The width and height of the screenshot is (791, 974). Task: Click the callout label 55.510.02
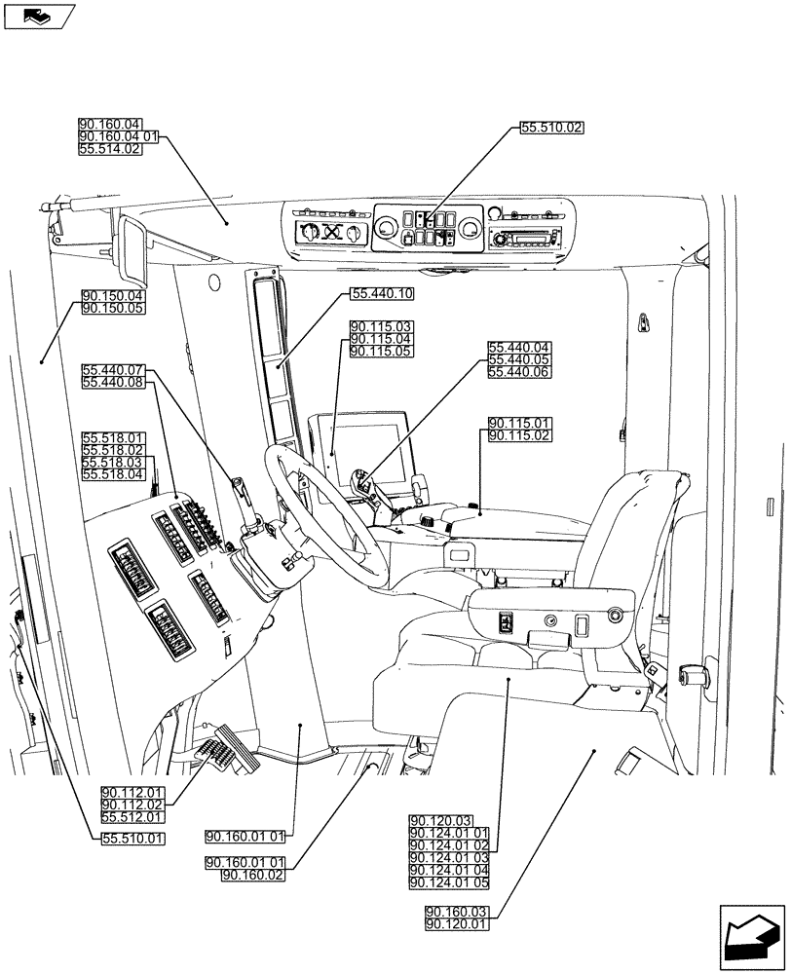(551, 128)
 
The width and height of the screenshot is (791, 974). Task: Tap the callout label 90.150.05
(113, 309)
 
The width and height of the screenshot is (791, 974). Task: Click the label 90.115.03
(381, 326)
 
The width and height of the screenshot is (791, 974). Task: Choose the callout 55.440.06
(519, 372)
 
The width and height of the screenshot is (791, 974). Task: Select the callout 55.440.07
(113, 371)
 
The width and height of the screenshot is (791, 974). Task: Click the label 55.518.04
(113, 474)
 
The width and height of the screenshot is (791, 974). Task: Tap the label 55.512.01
(132, 817)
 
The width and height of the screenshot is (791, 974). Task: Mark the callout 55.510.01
(132, 838)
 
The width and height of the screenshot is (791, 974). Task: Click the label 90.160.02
(253, 876)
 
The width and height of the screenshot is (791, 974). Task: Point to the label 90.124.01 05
(450, 882)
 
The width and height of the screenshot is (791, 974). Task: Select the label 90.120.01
(457, 923)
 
